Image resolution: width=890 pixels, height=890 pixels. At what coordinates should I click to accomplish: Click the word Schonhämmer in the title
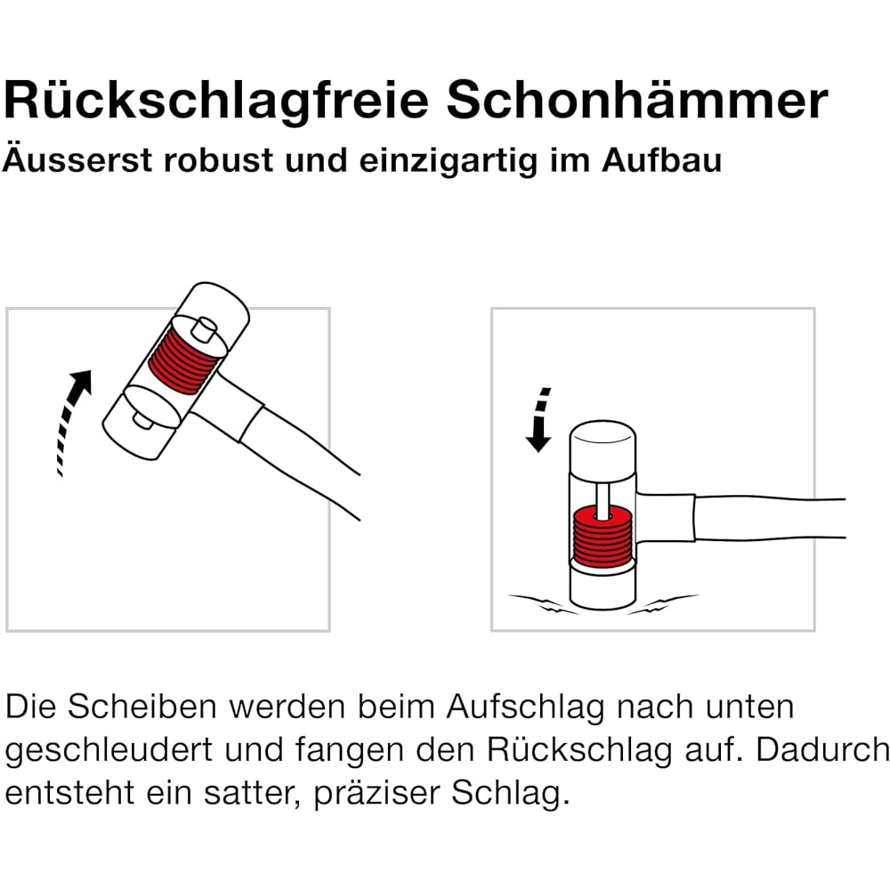637,100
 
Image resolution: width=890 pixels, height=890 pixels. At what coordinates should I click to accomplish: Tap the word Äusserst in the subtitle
77,159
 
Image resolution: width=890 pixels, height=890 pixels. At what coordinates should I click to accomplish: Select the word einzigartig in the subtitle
448,162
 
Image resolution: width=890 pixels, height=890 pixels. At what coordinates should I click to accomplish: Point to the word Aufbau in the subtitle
662,160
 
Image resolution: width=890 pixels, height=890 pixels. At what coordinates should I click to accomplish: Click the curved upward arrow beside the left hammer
70,420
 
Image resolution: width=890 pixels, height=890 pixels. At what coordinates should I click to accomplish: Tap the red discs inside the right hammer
602,537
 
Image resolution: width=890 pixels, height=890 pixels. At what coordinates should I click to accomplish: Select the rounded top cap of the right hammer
603,446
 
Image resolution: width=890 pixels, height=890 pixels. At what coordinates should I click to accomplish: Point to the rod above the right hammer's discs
603,498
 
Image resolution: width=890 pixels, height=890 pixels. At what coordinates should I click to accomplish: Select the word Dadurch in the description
821,749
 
